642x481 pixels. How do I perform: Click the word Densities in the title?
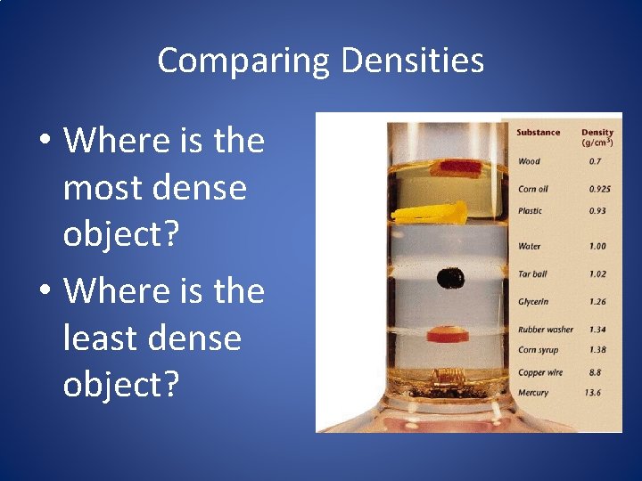(x=412, y=61)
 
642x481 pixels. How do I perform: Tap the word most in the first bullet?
(x=103, y=189)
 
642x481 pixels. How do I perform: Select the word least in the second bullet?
(x=103, y=338)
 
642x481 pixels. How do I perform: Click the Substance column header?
(x=538, y=133)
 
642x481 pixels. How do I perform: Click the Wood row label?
(x=529, y=162)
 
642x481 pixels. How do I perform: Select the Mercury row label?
(x=533, y=393)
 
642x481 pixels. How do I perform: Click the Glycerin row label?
(x=533, y=302)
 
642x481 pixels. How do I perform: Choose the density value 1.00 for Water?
(x=597, y=246)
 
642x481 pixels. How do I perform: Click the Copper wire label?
(x=539, y=371)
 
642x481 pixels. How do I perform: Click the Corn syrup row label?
(x=538, y=350)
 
